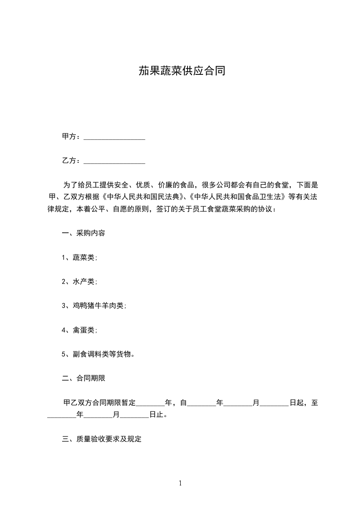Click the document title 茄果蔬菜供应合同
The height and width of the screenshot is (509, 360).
point(182,71)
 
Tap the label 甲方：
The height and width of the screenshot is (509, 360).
point(72,137)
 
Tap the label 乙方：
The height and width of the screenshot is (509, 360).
point(72,161)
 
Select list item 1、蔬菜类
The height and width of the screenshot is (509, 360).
point(79,258)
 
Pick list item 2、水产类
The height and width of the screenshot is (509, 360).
point(79,282)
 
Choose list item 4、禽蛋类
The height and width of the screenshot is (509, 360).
point(79,330)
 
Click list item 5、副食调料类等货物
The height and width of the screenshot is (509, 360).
point(98,354)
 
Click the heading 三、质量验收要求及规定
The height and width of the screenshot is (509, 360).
point(102,439)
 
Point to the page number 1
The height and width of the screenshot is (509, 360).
point(180,483)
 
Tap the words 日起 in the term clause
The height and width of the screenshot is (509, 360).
point(296,402)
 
